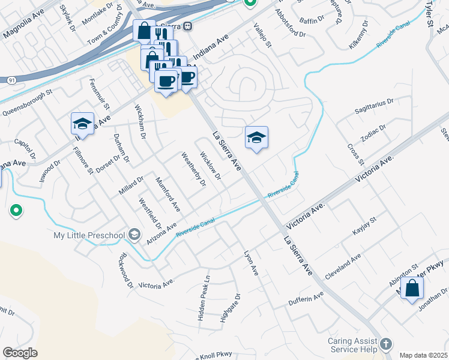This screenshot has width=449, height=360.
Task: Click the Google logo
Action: coord(20,353)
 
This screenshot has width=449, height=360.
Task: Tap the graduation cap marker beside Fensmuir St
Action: coord(82,124)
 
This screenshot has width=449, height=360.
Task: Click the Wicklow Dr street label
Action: coord(210,167)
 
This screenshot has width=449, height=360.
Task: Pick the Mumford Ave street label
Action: coord(168,194)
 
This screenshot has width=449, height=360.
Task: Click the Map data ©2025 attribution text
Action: coord(423,355)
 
